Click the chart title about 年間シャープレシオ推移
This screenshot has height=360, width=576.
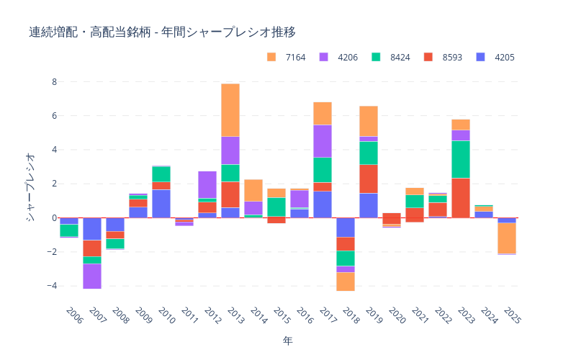tap(162, 32)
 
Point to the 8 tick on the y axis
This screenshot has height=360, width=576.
tap(53, 82)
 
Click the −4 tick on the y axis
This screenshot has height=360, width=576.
tap(50, 286)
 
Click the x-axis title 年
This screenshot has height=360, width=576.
tap(288, 340)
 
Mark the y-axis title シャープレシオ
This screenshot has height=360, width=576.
tap(30, 187)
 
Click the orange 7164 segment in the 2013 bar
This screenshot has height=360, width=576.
tap(230, 110)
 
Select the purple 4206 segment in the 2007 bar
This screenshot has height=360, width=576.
tap(92, 276)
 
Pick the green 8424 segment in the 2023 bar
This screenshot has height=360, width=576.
tap(461, 159)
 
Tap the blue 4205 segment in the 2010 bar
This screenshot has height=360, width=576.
tap(161, 203)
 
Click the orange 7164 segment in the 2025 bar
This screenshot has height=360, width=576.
tap(507, 238)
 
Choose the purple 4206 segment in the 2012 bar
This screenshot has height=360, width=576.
tap(207, 184)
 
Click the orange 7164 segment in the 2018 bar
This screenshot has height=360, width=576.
tap(346, 281)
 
